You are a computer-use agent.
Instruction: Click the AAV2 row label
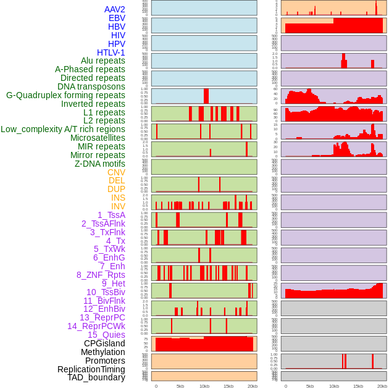click(114, 9)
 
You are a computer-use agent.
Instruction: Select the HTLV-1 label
click(111, 52)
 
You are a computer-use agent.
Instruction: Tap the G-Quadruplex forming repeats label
click(65, 95)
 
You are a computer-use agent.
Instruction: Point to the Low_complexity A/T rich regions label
click(62, 129)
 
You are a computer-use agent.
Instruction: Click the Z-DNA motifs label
click(99, 164)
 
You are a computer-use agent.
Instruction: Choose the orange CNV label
click(116, 172)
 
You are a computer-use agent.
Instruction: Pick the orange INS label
click(118, 198)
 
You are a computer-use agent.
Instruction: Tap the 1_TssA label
click(111, 215)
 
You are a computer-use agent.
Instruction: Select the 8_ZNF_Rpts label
click(101, 275)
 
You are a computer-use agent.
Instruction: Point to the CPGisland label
click(104, 343)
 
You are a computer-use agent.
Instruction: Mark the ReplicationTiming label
click(91, 369)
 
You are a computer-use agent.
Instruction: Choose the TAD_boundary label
click(96, 377)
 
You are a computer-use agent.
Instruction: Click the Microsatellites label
click(98, 138)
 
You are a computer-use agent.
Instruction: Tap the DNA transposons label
click(91, 86)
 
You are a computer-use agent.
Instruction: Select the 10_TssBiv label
click(106, 292)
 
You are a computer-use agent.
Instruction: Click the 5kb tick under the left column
click(180, 386)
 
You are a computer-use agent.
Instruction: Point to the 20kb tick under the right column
click(382, 386)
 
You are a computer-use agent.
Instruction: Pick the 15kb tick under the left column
click(228, 386)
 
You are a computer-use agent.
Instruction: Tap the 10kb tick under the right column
click(334, 386)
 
